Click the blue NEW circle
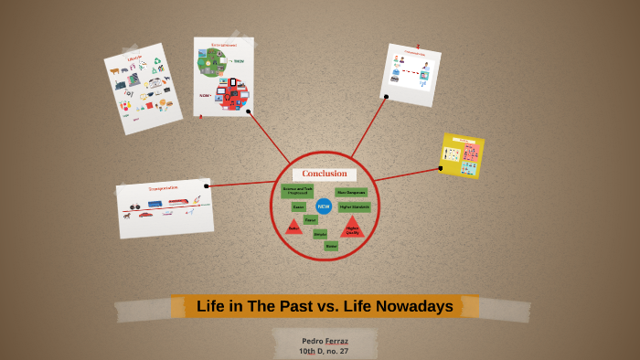click(324, 206)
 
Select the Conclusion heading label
click(325, 174)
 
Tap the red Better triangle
click(293, 225)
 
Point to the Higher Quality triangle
click(352, 228)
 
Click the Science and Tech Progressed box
click(297, 191)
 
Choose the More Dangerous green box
click(351, 193)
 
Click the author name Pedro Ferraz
click(325, 340)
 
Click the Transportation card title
click(163, 189)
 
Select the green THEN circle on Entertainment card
click(212, 62)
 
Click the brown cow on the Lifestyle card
click(114, 70)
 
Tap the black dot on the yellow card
click(441, 168)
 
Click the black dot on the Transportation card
click(207, 186)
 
